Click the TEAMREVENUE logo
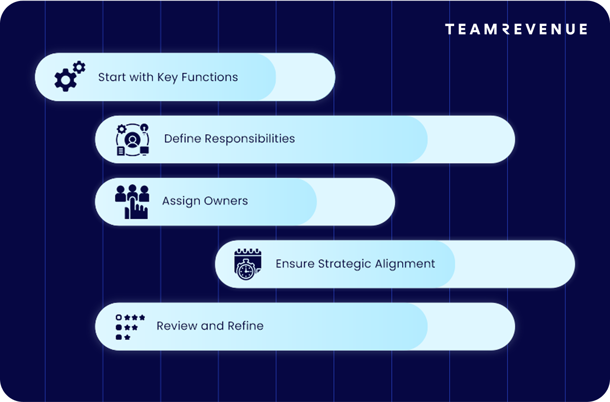(516, 29)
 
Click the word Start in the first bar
(112, 77)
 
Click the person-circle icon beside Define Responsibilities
(132, 139)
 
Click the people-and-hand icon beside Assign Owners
(132, 201)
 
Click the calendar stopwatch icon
(246, 264)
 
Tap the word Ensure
(295, 264)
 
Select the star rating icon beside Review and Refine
(130, 327)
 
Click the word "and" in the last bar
(212, 326)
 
